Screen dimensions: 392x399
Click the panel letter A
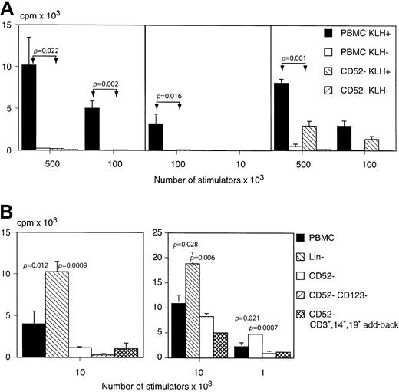(x=8, y=8)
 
